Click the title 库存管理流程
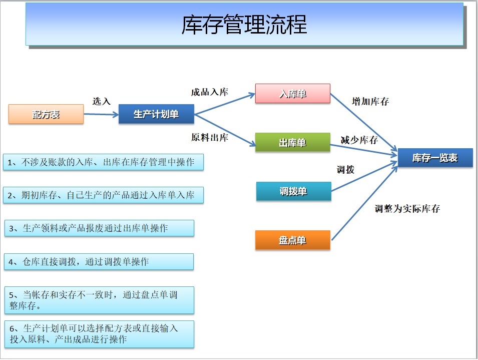244,25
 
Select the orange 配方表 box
46,114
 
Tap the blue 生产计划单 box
156,114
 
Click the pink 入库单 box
293,94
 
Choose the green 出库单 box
293,142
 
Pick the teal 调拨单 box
294,191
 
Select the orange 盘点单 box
293,240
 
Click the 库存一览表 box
435,158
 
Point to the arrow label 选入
102,101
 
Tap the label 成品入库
210,92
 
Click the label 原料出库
210,137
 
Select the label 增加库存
370,101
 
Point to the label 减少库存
359,140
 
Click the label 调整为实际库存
407,208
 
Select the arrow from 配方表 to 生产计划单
101,114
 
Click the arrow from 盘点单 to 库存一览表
364,203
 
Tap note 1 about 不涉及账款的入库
103,162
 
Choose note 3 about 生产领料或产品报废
100,228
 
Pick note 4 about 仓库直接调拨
99,261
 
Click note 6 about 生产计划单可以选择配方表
100,334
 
